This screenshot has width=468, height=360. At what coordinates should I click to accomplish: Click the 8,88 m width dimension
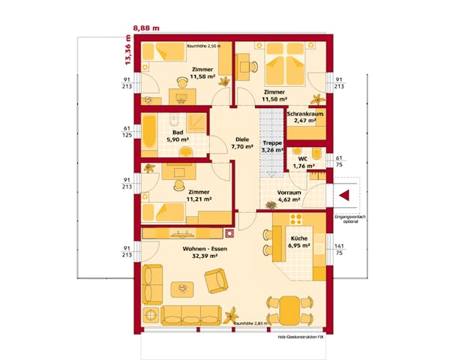coord(147,28)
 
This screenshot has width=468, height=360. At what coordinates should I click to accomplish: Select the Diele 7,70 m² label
coord(241,143)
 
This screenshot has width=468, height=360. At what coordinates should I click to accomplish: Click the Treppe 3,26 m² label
coord(271,146)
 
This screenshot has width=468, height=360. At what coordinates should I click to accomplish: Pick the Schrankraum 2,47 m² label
coord(305,116)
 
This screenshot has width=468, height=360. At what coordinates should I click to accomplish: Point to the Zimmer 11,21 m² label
coord(199,196)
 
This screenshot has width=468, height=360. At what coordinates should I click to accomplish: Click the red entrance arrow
coord(346,195)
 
